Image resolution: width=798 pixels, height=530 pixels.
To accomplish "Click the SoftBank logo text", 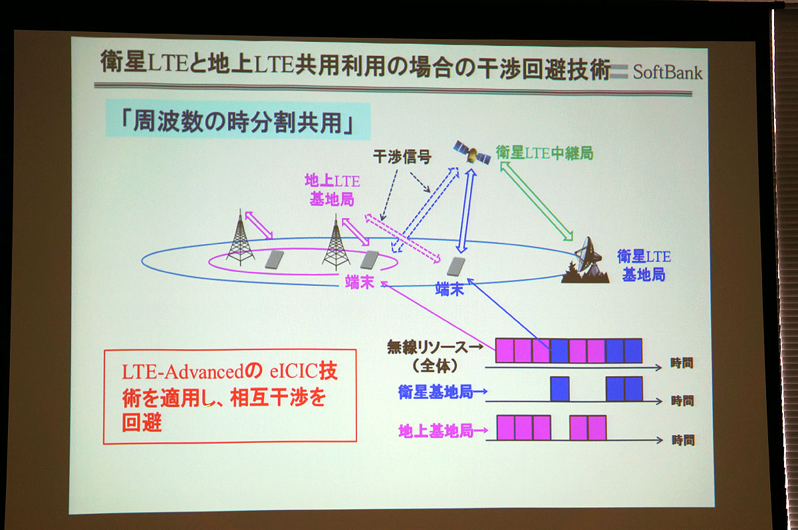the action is tap(667, 72).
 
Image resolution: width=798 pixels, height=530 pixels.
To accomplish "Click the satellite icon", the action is tap(472, 152).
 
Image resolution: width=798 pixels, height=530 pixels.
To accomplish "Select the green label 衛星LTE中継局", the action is tap(545, 153).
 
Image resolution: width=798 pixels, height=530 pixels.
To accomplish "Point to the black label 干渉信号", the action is tap(402, 156).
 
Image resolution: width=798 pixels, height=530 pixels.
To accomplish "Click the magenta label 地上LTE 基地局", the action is tap(332, 190).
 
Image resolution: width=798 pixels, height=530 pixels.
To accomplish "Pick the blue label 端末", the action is tap(450, 289).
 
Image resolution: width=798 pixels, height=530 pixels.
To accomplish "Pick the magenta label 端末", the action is tap(360, 282).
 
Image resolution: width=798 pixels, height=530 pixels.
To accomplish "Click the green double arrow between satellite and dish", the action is tap(537, 201).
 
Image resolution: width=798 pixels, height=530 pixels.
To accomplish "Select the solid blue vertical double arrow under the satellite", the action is tap(466, 211).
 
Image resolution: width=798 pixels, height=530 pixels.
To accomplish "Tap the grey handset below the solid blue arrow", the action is tap(456, 267).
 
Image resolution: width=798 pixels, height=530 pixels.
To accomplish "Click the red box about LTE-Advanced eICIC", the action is tap(230, 396).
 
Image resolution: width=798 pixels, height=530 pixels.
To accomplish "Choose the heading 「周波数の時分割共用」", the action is tap(237, 122).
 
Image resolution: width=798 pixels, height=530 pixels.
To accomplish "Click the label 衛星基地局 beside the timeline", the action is tap(436, 392).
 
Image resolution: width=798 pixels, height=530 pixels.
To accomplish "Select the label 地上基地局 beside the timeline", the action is tap(436, 431).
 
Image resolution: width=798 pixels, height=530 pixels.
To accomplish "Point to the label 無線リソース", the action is tap(428, 346).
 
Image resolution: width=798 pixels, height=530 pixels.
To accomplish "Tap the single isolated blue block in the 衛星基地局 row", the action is tap(560, 389).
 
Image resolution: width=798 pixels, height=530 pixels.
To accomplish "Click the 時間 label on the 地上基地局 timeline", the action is tap(683, 440).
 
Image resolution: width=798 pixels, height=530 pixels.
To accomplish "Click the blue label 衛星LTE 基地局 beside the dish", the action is tap(644, 266).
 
